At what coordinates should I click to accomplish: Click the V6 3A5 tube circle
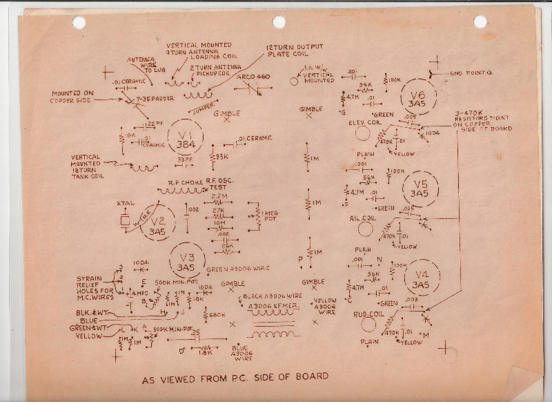(418, 99)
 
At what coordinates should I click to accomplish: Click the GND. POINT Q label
(471, 73)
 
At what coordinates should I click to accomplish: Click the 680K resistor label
(218, 316)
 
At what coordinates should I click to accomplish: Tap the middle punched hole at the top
(279, 22)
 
